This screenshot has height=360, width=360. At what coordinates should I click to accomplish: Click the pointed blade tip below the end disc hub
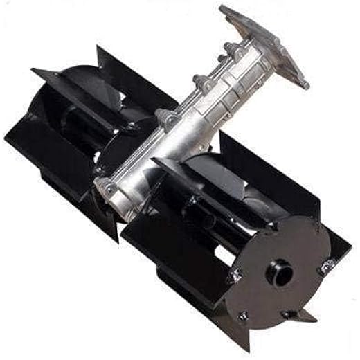click(x=299, y=316)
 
